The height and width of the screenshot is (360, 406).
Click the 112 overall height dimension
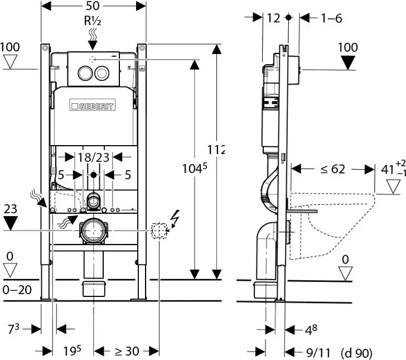[216, 150]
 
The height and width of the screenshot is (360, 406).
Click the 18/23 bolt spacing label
[93, 158]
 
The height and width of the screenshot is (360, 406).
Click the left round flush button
[85, 72]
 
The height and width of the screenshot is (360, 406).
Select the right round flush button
[101, 72]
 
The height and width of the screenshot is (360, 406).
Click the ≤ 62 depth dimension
[333, 169]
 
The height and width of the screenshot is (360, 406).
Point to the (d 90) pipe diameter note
[356, 353]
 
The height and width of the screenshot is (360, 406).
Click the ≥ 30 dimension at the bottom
[127, 351]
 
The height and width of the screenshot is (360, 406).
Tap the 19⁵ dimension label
[72, 351]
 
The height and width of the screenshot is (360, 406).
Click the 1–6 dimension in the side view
[331, 18]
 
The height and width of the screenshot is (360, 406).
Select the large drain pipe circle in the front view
[94, 231]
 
